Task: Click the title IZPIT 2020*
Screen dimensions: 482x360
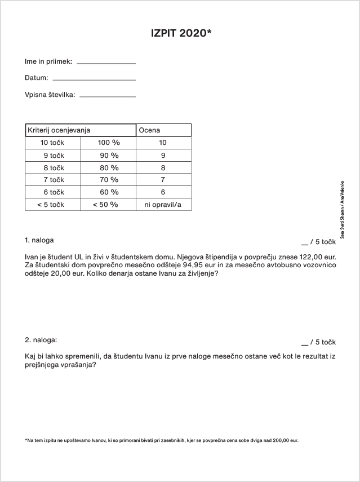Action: point(180,33)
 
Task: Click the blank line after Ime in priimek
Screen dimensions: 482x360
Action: point(106,63)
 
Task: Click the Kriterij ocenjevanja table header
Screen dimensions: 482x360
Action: point(59,130)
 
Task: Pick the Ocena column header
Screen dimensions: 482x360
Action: point(149,130)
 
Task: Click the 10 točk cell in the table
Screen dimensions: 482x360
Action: point(52,143)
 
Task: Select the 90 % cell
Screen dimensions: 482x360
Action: point(109,155)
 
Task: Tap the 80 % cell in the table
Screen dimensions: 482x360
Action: point(109,167)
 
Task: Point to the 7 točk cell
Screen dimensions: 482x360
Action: point(54,180)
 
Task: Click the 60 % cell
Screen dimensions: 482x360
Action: point(109,192)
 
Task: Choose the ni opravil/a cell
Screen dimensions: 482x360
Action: point(163,205)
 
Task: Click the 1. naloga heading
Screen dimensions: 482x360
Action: point(39,241)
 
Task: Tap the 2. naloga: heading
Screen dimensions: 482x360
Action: point(41,340)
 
